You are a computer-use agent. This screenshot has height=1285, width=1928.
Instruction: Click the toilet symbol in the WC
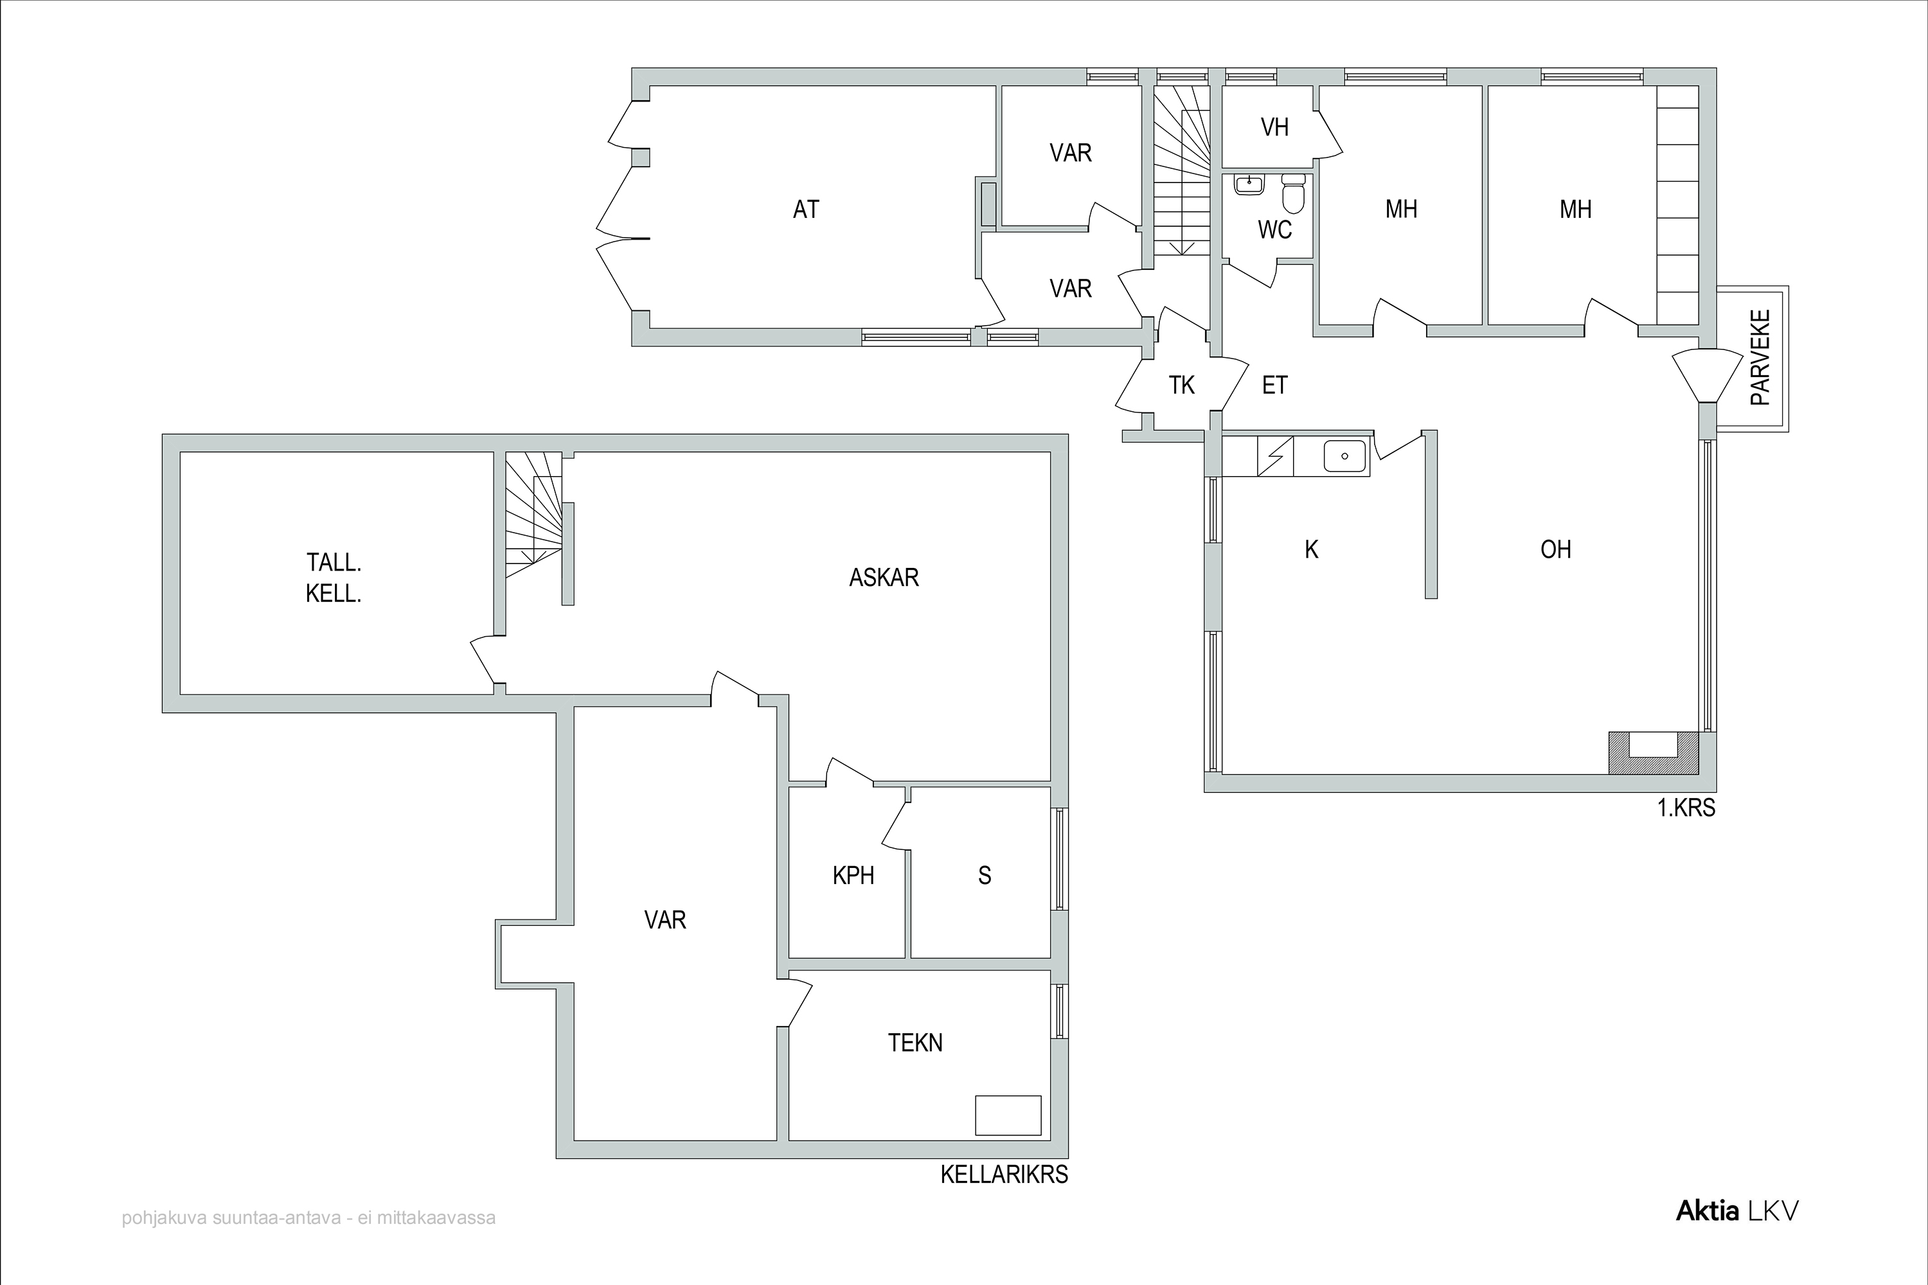[x=1294, y=193]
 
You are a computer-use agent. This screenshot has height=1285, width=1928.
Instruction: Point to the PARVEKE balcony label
[x=1760, y=357]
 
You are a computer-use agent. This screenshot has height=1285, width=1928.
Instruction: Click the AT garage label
[x=806, y=210]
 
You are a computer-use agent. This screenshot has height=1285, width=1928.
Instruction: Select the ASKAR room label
[x=884, y=578]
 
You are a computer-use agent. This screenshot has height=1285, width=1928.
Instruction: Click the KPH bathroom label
[x=853, y=876]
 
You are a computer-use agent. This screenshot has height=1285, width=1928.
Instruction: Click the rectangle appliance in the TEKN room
[x=1008, y=1115]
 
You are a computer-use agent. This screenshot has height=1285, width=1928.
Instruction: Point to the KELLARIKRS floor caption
[x=1004, y=1175]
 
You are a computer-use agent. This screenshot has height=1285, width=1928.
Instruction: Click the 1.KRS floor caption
[x=1686, y=809]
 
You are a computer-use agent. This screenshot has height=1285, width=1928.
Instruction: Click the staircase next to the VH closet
[x=1182, y=170]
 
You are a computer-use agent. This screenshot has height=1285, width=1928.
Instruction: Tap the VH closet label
[x=1274, y=127]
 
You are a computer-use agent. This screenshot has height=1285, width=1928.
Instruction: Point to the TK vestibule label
[x=1181, y=385]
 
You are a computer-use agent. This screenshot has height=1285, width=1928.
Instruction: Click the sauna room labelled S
[x=985, y=876]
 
